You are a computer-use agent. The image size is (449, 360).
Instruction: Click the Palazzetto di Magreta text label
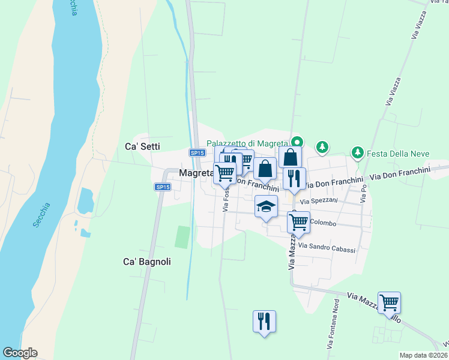(248, 143)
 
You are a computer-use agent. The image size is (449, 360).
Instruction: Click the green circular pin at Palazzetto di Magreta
(297, 142)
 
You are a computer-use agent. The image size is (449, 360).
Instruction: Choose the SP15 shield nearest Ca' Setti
(196, 153)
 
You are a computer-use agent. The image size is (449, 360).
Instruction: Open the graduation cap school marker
(266, 207)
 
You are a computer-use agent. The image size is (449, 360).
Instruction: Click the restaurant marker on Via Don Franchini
(294, 178)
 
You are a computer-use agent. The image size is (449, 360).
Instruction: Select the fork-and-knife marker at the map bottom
(264, 321)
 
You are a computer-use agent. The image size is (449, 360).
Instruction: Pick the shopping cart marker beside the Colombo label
(298, 222)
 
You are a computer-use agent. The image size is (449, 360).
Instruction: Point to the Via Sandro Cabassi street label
(327, 248)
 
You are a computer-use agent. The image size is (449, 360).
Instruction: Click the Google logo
(20, 353)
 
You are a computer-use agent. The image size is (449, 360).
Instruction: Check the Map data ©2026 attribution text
(423, 355)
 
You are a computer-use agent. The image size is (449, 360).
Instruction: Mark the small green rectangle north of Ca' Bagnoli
(181, 236)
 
